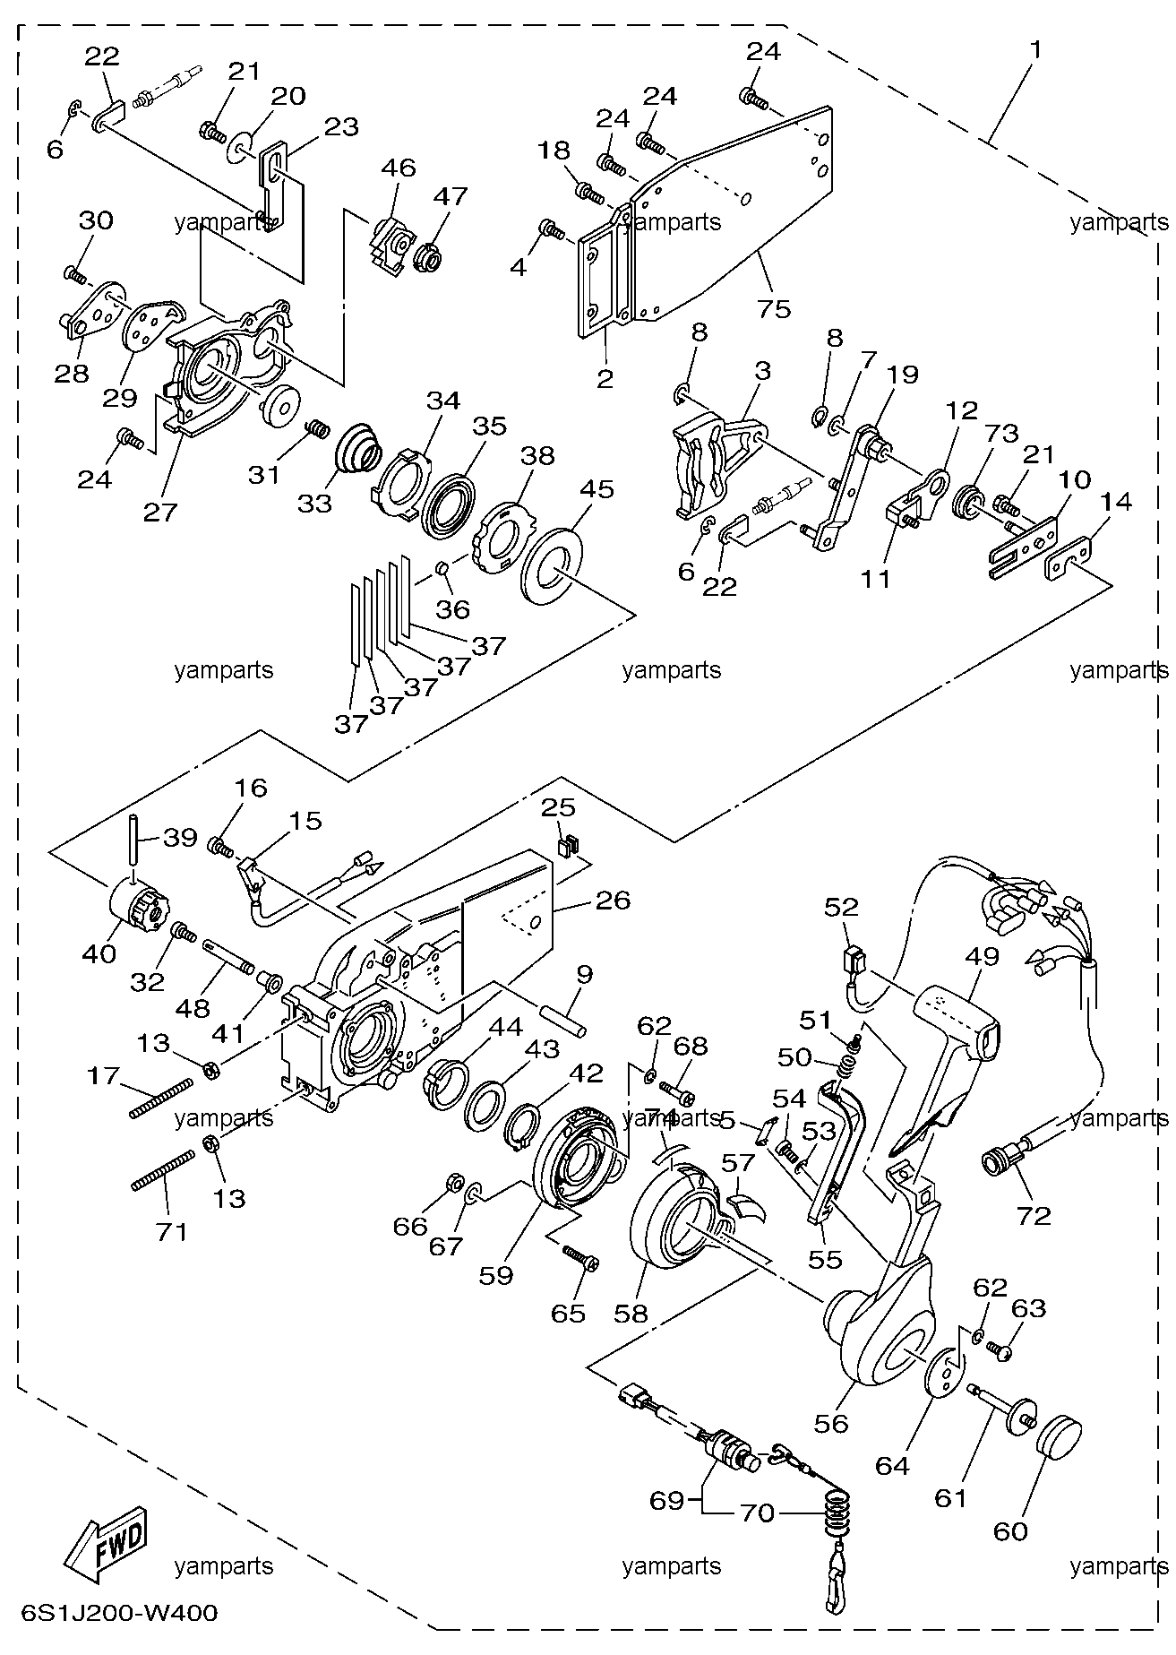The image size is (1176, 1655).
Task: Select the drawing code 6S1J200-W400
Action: pos(110,1614)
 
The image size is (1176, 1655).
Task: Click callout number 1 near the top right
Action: pos(1035,50)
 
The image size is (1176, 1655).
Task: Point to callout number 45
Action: pos(597,489)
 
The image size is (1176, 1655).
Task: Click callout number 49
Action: pos(982,956)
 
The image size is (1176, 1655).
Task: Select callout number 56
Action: pos(831,1423)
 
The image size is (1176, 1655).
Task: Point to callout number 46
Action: pos(399,167)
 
